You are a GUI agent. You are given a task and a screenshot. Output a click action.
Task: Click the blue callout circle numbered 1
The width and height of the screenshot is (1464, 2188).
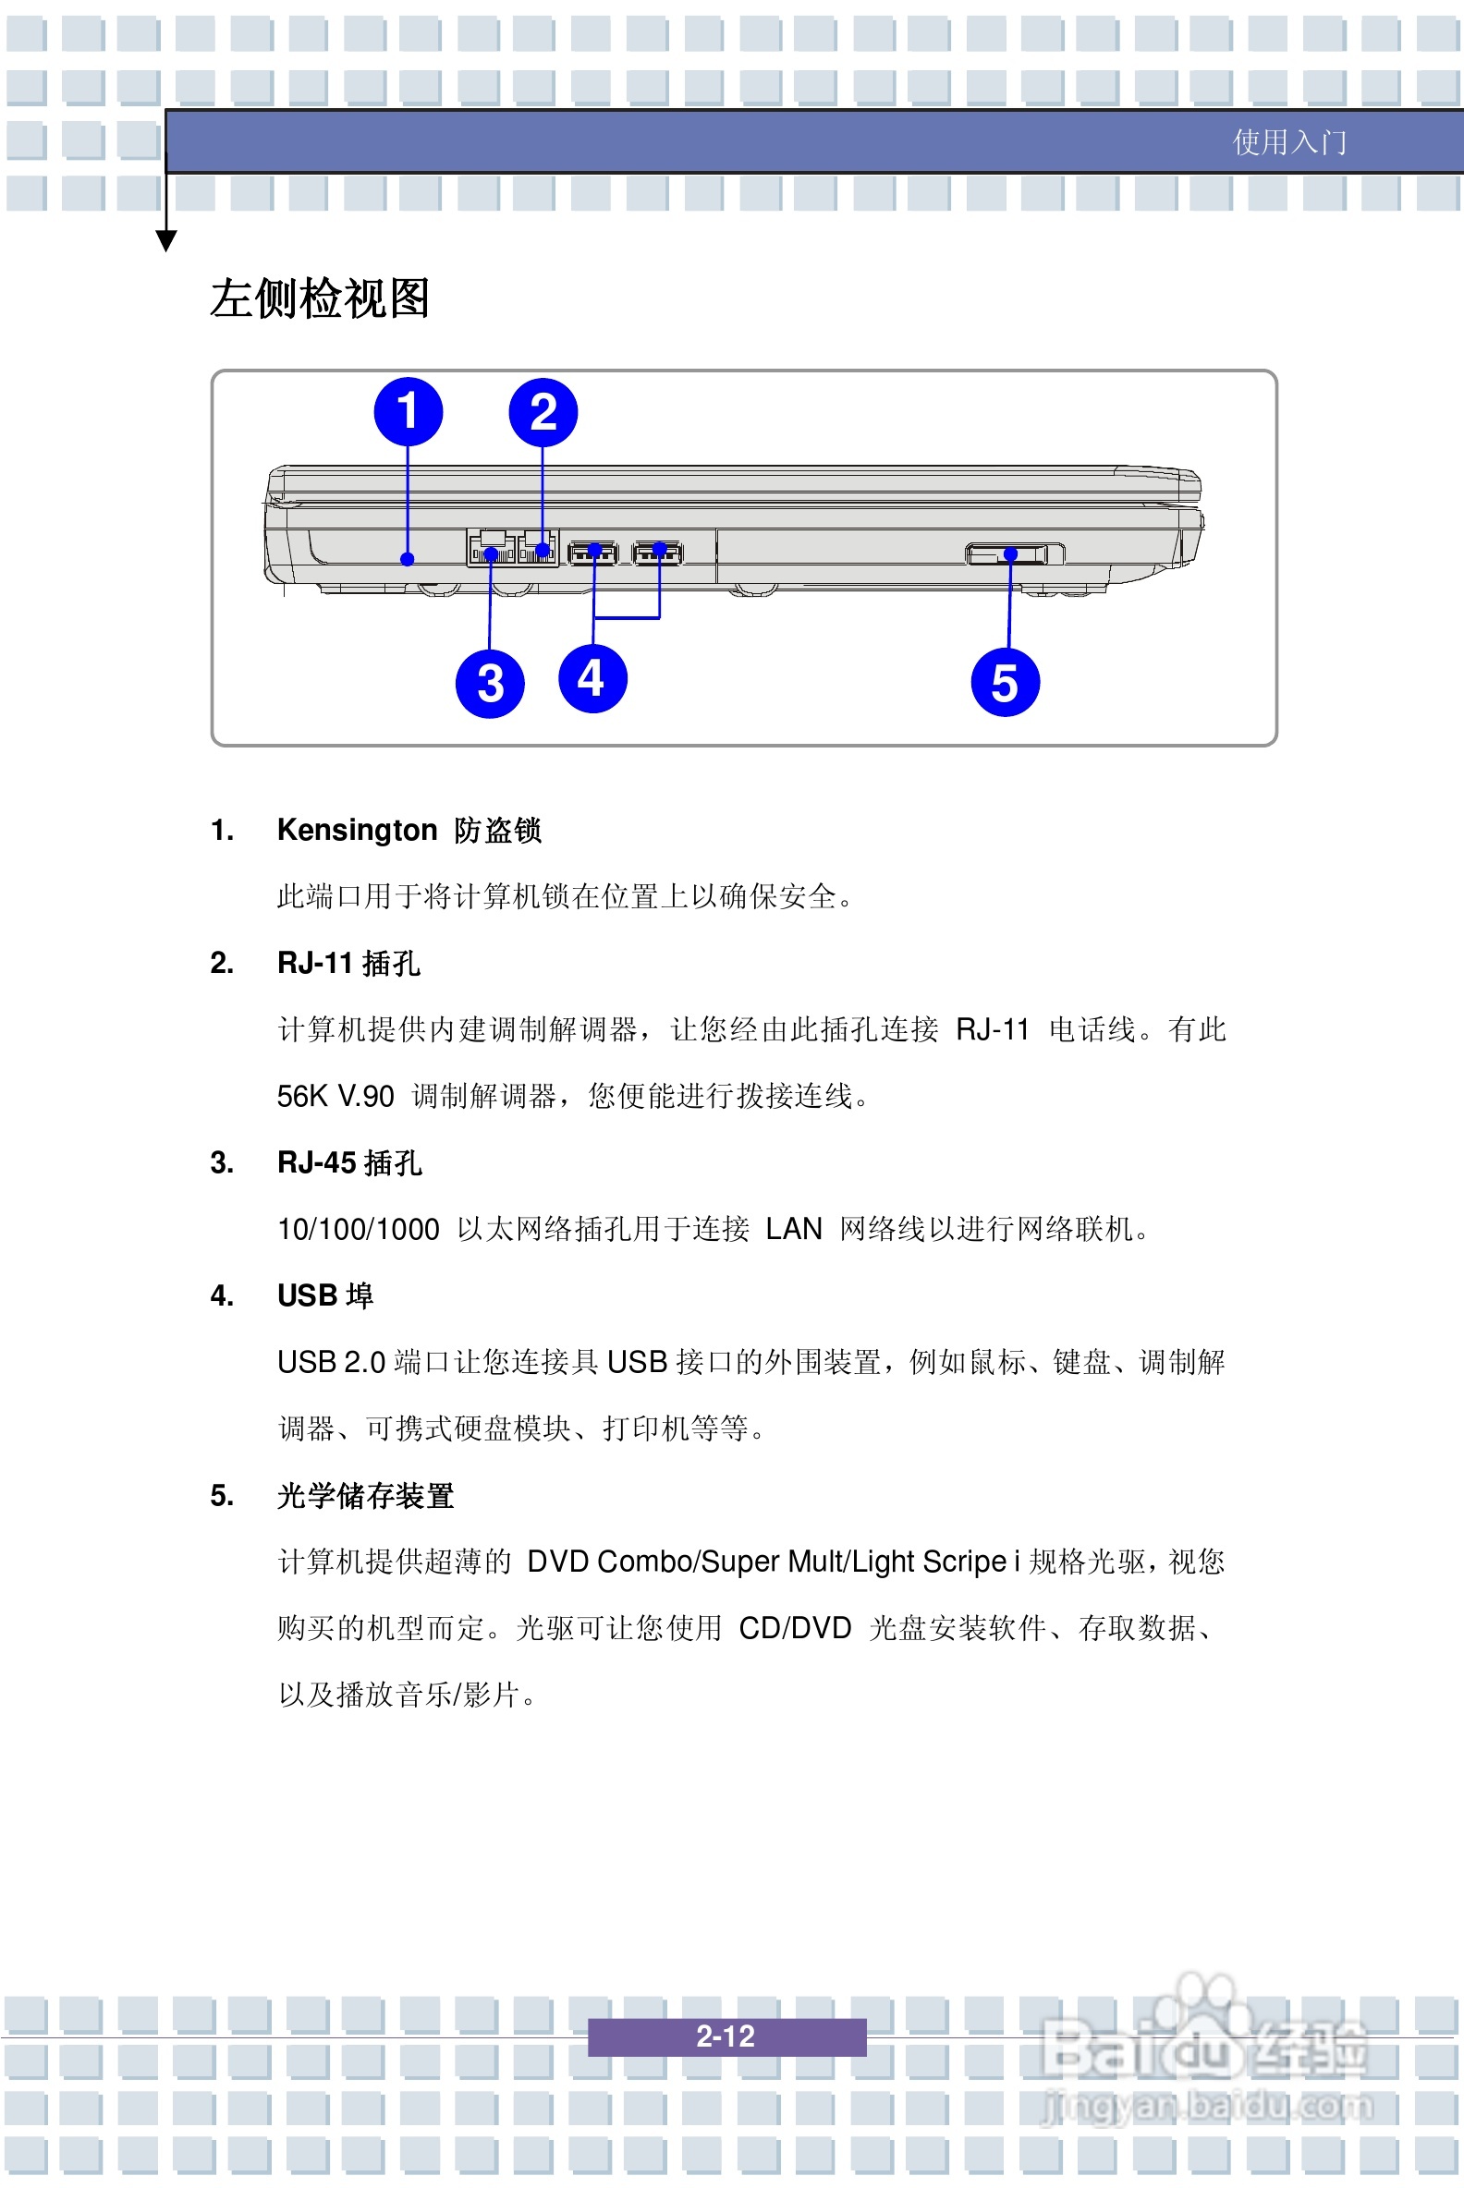click(408, 412)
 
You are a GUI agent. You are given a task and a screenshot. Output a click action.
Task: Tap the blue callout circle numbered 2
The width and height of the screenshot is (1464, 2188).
click(543, 413)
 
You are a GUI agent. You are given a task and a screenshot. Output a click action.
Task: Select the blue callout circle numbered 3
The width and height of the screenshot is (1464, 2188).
click(490, 683)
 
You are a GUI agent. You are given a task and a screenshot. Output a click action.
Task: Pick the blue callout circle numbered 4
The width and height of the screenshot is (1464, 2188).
click(592, 678)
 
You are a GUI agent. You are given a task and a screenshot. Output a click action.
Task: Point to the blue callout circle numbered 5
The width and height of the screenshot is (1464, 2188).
click(1005, 682)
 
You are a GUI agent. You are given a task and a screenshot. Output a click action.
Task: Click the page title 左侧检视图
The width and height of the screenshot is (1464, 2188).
click(319, 298)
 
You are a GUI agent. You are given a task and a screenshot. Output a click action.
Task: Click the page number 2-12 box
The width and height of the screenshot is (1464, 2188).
click(726, 2036)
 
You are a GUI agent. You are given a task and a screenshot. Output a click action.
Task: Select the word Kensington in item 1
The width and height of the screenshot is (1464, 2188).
click(357, 830)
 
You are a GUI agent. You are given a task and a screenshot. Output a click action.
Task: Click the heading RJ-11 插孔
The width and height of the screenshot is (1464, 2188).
click(348, 964)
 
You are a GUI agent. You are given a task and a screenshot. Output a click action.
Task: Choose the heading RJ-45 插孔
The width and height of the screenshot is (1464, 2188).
click(349, 1163)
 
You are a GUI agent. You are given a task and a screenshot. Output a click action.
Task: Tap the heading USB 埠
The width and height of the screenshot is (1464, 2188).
click(325, 1295)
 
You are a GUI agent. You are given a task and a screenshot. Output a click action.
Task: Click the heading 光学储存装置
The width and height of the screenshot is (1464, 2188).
click(365, 1495)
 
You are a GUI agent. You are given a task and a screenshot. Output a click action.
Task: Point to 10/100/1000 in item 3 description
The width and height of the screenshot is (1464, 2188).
click(358, 1229)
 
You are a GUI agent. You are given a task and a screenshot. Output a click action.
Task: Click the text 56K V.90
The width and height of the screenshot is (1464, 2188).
click(335, 1097)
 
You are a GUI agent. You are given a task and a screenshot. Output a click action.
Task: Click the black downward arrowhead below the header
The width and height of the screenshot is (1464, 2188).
click(166, 242)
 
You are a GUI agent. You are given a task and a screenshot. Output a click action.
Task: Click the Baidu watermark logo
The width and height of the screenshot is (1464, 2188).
click(1204, 2048)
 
